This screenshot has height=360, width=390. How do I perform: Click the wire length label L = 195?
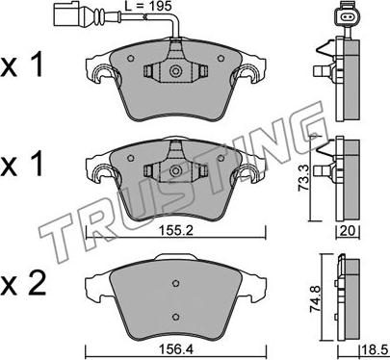pyautogui.click(x=148, y=7)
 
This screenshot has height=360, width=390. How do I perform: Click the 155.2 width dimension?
pyautogui.click(x=176, y=230)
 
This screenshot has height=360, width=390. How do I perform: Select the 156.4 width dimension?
pyautogui.click(x=177, y=350)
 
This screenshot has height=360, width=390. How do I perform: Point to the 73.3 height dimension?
pyautogui.click(x=303, y=177)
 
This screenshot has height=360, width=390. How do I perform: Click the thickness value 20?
pyautogui.click(x=348, y=231)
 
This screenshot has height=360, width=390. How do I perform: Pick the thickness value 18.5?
pyautogui.click(x=375, y=350)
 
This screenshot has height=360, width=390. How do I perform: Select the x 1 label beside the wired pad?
pyautogui.click(x=22, y=65)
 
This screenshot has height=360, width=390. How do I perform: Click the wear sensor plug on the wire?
pyautogui.click(x=66, y=13)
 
